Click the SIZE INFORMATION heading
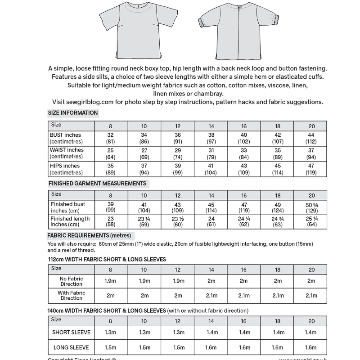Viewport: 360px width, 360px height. click(72, 113)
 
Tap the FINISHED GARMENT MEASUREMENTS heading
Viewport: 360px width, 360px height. click(97, 184)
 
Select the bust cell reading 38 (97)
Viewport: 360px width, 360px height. click(211, 138)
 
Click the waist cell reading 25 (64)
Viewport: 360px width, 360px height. click(110, 153)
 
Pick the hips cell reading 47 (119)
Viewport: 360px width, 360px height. click(311, 169)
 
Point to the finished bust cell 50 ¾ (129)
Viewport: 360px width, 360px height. click(311, 207)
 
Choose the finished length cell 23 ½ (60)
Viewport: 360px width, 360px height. click(178, 222)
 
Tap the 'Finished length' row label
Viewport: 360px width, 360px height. click(70, 222)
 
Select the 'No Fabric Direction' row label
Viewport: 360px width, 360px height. click(72, 281)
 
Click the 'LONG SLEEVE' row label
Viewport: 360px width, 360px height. click(71, 347)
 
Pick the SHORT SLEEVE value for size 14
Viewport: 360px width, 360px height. click(211, 333)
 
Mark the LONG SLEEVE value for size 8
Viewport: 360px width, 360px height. click(110, 347)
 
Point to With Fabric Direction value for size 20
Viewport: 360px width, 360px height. click(311, 296)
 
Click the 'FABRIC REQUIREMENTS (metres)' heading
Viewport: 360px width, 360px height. click(90, 235)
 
